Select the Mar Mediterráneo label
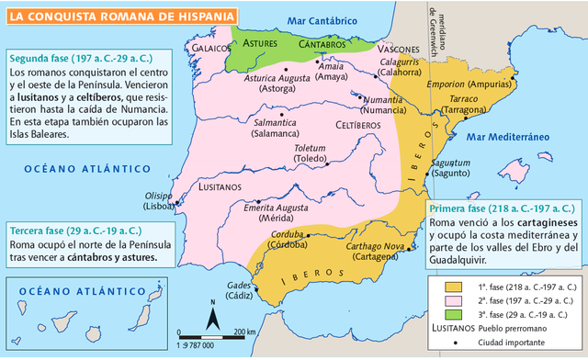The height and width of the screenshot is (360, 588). click(507, 137)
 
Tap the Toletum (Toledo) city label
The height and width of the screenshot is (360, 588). click(310, 152)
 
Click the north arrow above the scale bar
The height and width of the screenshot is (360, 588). click(212, 317)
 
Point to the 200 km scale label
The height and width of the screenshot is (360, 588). click(244, 332)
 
